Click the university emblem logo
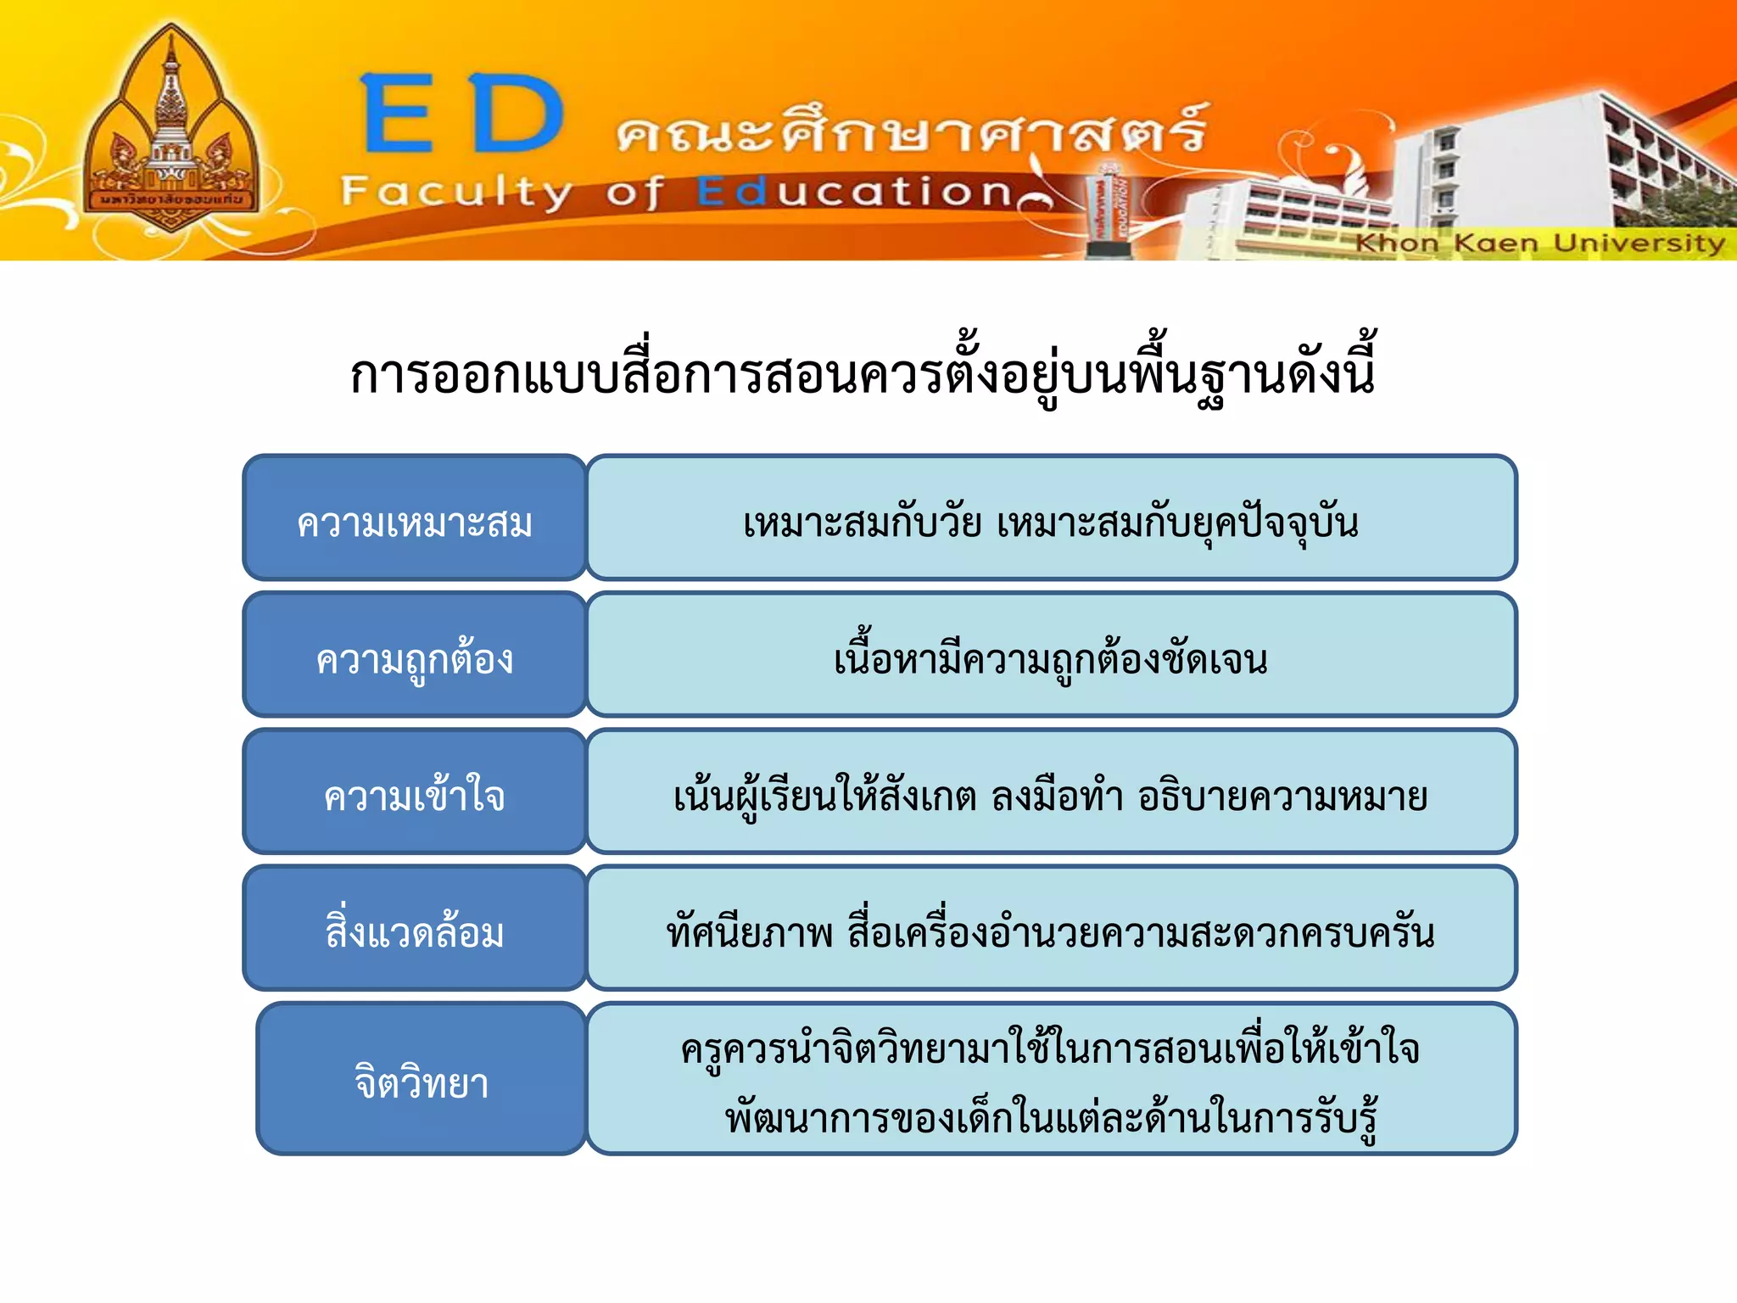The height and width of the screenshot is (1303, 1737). (171, 131)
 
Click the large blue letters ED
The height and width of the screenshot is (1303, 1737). (463, 115)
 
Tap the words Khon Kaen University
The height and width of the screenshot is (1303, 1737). (1539, 243)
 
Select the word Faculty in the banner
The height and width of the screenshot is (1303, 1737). (456, 193)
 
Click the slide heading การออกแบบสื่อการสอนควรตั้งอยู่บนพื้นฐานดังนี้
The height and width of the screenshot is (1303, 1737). (863, 373)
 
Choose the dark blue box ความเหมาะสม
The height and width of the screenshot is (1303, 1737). (415, 518)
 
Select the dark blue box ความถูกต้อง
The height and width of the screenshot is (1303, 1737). (415, 656)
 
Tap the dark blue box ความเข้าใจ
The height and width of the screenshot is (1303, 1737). (415, 792)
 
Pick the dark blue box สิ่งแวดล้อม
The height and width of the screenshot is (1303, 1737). (415, 929)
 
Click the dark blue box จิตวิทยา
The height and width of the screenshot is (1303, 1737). (422, 1079)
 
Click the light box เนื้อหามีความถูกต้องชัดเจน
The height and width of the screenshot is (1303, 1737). (1051, 656)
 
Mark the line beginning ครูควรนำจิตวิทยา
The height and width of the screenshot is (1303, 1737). (1050, 1049)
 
